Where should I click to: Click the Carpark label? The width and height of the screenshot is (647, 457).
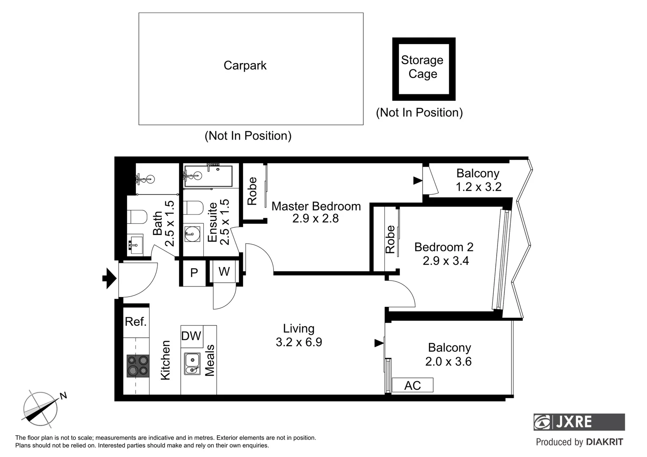[245, 66]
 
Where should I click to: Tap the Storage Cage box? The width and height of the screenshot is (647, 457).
[423, 69]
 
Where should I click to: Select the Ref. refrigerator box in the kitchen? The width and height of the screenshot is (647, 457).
[136, 322]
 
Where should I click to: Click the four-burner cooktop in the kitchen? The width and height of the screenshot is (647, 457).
[138, 366]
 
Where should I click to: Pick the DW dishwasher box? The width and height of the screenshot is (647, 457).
[191, 336]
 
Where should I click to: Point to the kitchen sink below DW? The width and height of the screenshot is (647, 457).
[192, 363]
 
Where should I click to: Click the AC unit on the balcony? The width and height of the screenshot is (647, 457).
[412, 385]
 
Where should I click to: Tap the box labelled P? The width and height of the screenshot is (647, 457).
[194, 273]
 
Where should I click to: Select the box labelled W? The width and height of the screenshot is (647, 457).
[224, 271]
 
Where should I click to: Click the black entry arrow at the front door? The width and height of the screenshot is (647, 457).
[110, 278]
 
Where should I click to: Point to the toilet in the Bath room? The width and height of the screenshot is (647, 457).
[137, 217]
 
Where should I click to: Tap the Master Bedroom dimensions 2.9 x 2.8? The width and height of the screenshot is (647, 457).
[315, 219]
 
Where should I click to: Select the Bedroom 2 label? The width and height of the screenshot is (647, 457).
[444, 247]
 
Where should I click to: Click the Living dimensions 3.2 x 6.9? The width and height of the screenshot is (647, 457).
[299, 342]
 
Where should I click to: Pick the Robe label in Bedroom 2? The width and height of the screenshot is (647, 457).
[390, 240]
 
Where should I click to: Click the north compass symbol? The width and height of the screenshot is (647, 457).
[41, 408]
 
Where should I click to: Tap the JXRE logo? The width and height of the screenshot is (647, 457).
[579, 422]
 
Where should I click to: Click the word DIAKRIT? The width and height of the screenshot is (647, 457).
[604, 442]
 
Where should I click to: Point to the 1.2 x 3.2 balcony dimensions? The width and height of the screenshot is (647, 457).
[478, 187]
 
